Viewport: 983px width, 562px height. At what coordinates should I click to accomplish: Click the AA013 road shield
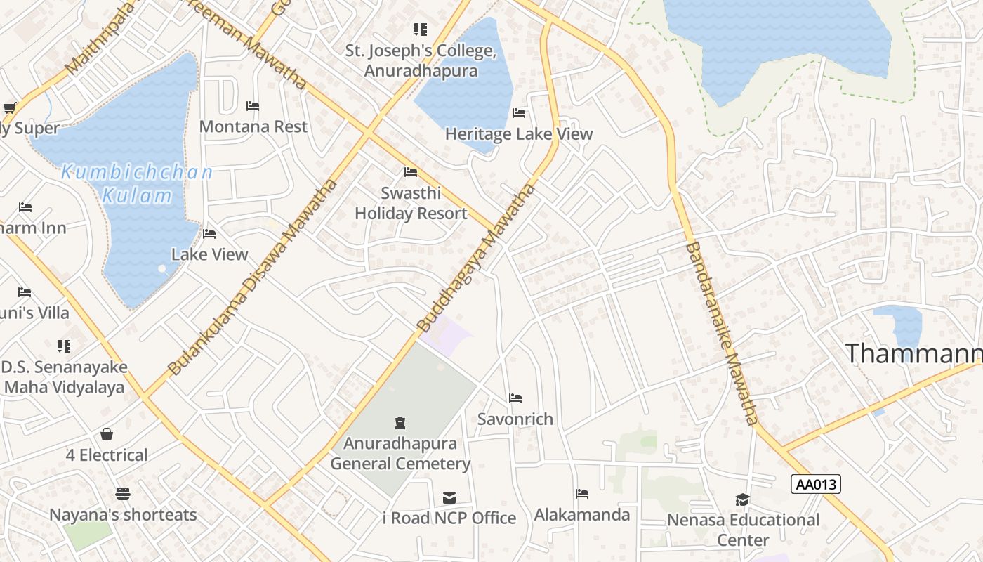pos(815,484)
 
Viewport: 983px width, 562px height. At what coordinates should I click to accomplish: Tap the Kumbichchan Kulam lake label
pos(137,183)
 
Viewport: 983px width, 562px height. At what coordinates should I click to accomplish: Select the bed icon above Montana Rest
pos(253,106)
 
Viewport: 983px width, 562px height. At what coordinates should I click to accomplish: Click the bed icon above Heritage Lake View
pos(519,112)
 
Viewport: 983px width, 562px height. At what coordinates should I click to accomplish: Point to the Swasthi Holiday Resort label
pos(411,203)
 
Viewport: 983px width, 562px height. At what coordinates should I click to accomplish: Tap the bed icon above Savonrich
pos(515,398)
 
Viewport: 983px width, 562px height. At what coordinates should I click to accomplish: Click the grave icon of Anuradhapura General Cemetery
pos(400,422)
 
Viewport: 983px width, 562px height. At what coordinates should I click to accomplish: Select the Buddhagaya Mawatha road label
pos(477,258)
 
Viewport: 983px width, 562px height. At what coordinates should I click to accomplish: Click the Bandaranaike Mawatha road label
pos(722,333)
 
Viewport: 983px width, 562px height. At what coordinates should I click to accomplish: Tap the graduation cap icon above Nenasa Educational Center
pos(743,499)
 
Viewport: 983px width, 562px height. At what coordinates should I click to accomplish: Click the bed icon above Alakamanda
pos(582,494)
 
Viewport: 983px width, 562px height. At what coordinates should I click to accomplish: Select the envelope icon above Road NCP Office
pos(449,498)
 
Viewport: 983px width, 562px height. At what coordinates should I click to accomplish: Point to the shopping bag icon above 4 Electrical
pos(107,434)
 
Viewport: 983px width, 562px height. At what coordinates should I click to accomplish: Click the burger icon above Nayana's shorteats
pos(123,494)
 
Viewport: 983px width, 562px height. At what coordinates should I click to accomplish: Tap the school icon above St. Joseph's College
pos(420,30)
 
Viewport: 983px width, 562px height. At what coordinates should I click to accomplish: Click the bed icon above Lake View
pos(209,234)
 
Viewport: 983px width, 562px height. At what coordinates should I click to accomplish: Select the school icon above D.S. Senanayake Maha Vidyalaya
pos(64,346)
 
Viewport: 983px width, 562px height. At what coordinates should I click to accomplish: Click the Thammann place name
pos(913,353)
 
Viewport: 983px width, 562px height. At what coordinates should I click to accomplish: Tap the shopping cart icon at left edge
pos(10,107)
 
